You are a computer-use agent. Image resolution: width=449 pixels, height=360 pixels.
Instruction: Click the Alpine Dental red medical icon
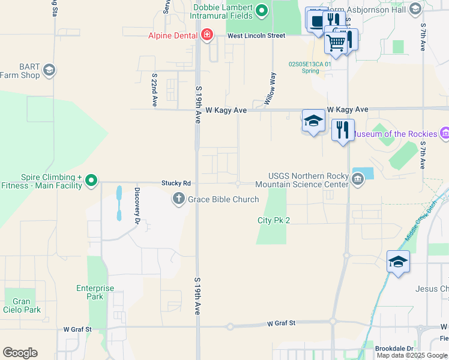[x=207, y=35]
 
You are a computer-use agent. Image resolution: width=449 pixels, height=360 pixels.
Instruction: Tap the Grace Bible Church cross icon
[x=178, y=199]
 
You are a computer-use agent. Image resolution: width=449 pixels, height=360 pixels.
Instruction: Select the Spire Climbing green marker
[x=91, y=180]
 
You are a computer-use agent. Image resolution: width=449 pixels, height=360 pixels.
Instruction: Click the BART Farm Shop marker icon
[x=49, y=70]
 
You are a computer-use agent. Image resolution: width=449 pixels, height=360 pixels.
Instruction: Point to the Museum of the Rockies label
[x=396, y=134]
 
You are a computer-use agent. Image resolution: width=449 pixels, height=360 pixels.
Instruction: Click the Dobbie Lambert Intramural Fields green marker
[x=262, y=10]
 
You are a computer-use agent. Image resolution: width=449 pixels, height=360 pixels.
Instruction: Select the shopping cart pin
[x=336, y=42]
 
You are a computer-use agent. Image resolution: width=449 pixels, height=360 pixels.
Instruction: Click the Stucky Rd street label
[x=176, y=183]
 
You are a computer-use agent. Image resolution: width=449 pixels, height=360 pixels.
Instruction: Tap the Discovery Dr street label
[x=137, y=205]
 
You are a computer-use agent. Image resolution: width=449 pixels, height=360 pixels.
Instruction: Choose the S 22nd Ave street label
[x=154, y=90]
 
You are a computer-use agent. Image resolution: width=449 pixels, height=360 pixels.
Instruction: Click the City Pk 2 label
[x=274, y=220]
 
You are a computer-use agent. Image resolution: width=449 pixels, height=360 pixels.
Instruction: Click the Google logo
[x=20, y=353]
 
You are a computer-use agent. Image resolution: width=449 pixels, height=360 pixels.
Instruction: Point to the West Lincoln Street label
[x=256, y=36]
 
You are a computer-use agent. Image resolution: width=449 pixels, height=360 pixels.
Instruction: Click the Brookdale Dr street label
[x=394, y=348]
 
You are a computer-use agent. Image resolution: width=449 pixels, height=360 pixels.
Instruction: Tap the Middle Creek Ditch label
[x=423, y=223]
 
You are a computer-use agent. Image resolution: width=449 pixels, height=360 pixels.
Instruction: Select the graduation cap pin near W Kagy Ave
[x=313, y=121]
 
